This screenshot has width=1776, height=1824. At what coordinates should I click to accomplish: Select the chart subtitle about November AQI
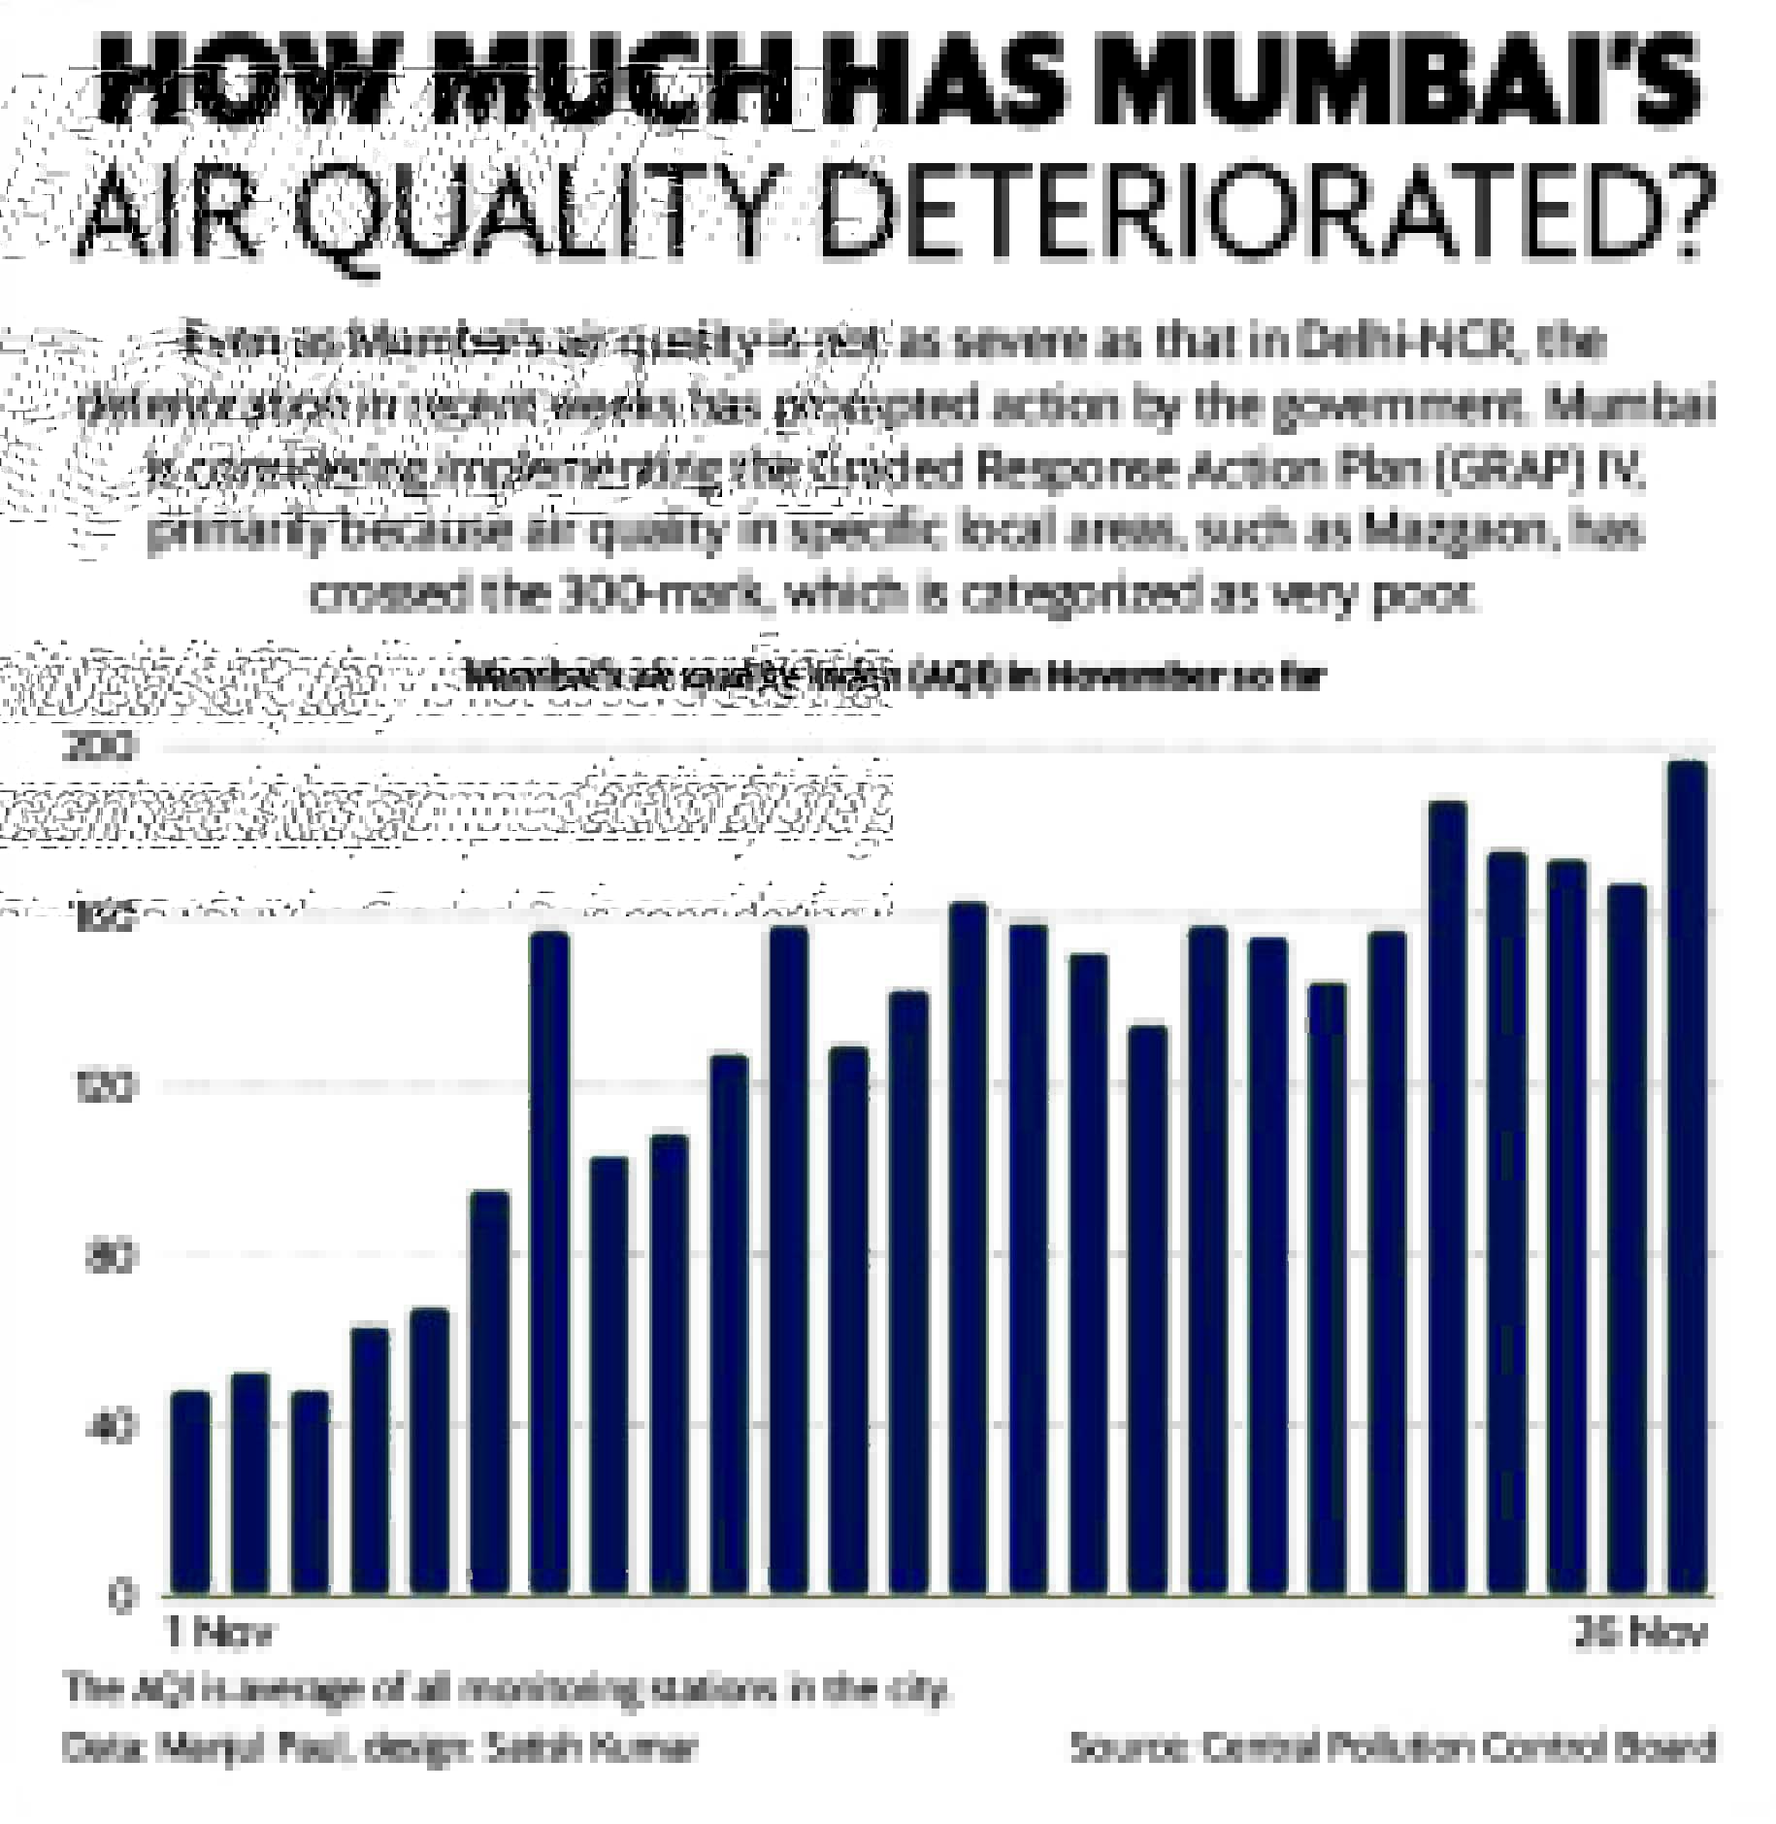click(893, 677)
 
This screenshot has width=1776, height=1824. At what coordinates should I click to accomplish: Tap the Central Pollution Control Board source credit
click(1394, 1748)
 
